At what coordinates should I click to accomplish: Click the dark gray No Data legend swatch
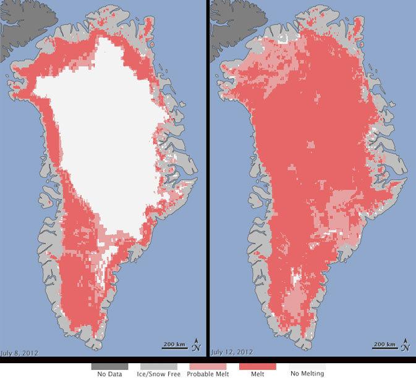109,366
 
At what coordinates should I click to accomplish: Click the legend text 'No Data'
109,374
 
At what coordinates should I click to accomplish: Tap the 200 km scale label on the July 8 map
174,343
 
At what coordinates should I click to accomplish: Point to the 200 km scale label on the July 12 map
386,343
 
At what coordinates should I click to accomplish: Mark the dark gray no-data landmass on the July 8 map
15,25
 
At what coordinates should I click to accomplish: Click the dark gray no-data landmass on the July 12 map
226,25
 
